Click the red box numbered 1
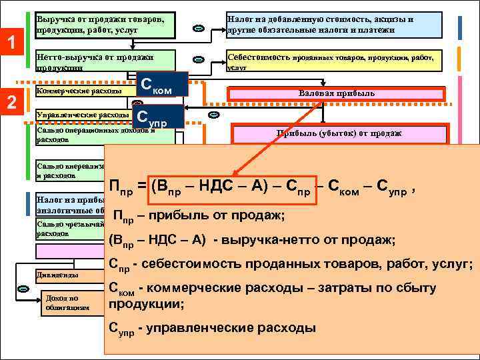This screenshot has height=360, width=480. (x=11, y=45)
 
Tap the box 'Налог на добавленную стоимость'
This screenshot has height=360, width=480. (x=334, y=25)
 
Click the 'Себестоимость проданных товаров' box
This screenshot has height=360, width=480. (x=334, y=61)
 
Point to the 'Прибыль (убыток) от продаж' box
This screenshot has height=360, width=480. (x=339, y=133)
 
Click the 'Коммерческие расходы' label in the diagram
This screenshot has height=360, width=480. (x=79, y=91)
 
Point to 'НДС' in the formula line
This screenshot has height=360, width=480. (x=215, y=188)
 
